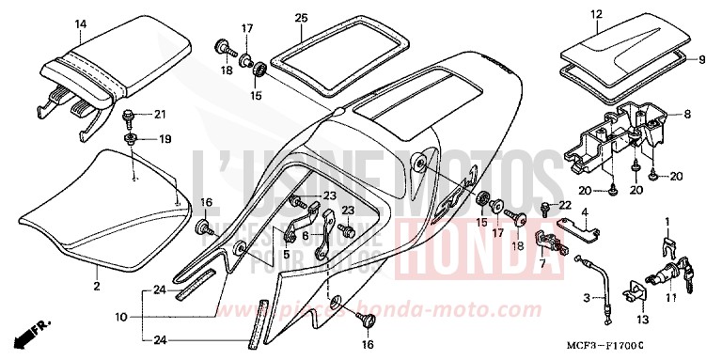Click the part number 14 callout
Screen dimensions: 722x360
[x=80, y=23]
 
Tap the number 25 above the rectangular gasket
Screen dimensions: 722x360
[x=300, y=18]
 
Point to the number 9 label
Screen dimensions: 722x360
[x=700, y=59]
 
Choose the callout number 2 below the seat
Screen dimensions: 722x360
[x=96, y=283]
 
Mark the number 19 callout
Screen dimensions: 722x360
[x=165, y=139]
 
